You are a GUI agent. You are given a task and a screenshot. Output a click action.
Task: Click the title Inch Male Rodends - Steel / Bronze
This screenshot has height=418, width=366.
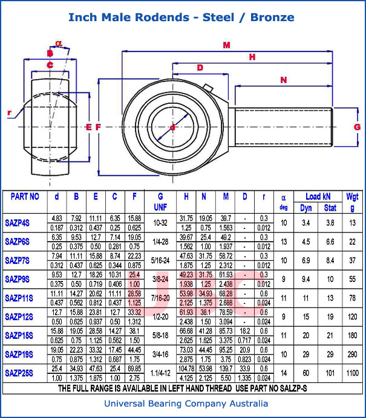(x=181, y=17)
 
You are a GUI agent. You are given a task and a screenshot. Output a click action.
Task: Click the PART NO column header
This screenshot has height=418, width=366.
(x=25, y=196)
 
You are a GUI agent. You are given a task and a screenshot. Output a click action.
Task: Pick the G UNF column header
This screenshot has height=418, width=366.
(x=160, y=202)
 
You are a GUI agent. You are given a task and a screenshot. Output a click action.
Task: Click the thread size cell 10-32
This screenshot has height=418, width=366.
(x=160, y=223)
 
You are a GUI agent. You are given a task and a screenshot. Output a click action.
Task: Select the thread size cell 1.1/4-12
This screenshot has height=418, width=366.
(x=160, y=373)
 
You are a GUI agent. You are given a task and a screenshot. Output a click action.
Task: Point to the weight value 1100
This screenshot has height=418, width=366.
(x=352, y=373)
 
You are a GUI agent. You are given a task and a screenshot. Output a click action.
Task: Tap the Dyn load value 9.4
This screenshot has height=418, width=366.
(x=306, y=279)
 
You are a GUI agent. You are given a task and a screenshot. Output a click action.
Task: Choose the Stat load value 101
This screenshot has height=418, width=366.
(x=330, y=373)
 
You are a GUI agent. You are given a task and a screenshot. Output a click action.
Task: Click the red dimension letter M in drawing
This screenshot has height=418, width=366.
(x=227, y=45)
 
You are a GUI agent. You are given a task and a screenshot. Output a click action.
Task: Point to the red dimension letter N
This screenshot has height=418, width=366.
(x=283, y=80)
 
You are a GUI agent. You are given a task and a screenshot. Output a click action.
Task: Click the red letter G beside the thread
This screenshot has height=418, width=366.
(x=357, y=127)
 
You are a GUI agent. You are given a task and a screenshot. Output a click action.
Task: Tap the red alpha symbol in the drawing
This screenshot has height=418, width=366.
(x=58, y=43)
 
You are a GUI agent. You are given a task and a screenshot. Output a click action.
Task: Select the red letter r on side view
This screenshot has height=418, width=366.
(x=10, y=113)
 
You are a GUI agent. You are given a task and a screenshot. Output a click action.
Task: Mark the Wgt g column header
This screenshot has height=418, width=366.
(x=352, y=202)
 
